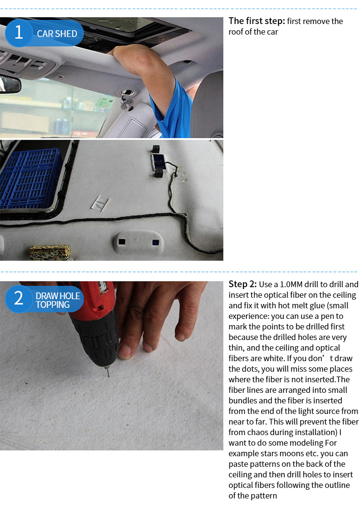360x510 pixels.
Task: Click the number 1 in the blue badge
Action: click(19, 33)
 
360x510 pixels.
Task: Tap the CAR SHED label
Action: click(57, 34)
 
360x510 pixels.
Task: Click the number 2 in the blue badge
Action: click(19, 298)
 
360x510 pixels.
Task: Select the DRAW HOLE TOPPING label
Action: click(58, 300)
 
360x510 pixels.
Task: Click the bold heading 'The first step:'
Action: click(257, 21)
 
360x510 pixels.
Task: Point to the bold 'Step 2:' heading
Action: click(242, 284)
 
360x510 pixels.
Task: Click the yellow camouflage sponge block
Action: click(49, 252)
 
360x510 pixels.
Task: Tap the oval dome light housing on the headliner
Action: click(139, 243)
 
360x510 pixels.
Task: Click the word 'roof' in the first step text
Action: click(236, 32)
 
